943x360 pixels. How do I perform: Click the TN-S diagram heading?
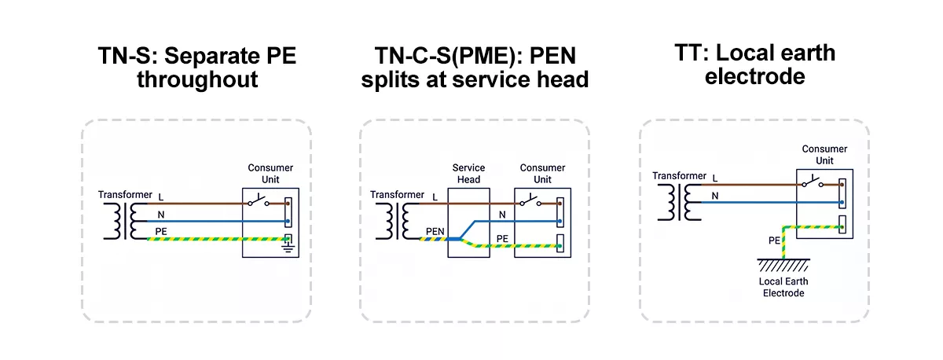pos(196,68)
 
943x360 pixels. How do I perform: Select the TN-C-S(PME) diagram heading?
pos(475,68)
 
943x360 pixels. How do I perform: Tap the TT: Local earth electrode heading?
pos(754,64)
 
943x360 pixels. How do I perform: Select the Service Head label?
pos(468,173)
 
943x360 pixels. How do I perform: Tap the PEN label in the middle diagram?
pos(435,231)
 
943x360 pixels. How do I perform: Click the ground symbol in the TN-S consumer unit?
pos(288,248)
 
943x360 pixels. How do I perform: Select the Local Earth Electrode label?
pos(783,287)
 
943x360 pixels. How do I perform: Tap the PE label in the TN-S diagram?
pos(161,231)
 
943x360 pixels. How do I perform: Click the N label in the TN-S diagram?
pos(161,214)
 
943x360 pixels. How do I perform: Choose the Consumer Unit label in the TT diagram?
pos(824,154)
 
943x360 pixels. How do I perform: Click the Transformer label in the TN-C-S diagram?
pos(397,195)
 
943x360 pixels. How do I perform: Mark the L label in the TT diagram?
pos(714,178)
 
